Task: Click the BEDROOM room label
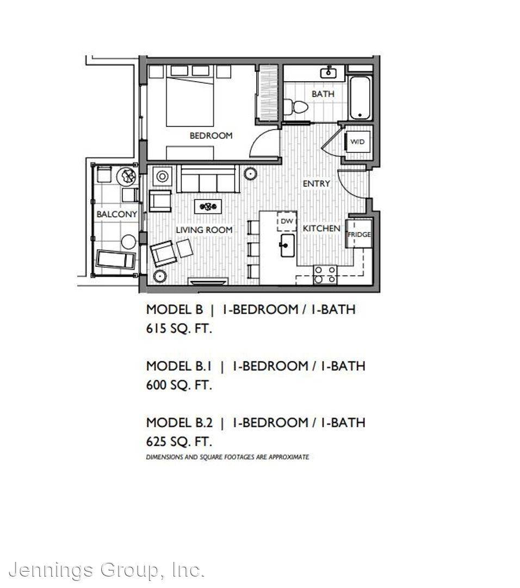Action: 211,136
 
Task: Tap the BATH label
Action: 323,94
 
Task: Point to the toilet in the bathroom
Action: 295,107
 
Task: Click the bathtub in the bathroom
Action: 360,97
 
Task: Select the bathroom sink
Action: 328,72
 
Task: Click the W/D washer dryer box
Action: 357,142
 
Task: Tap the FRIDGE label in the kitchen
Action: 360,234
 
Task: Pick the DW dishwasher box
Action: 287,221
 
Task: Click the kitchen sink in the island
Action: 287,246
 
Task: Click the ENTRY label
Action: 317,183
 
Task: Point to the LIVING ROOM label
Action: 204,230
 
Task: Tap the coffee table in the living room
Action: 208,207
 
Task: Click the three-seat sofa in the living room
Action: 208,179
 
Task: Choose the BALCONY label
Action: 117,214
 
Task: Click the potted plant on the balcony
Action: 126,176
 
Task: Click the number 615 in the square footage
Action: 156,328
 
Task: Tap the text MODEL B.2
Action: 179,422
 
